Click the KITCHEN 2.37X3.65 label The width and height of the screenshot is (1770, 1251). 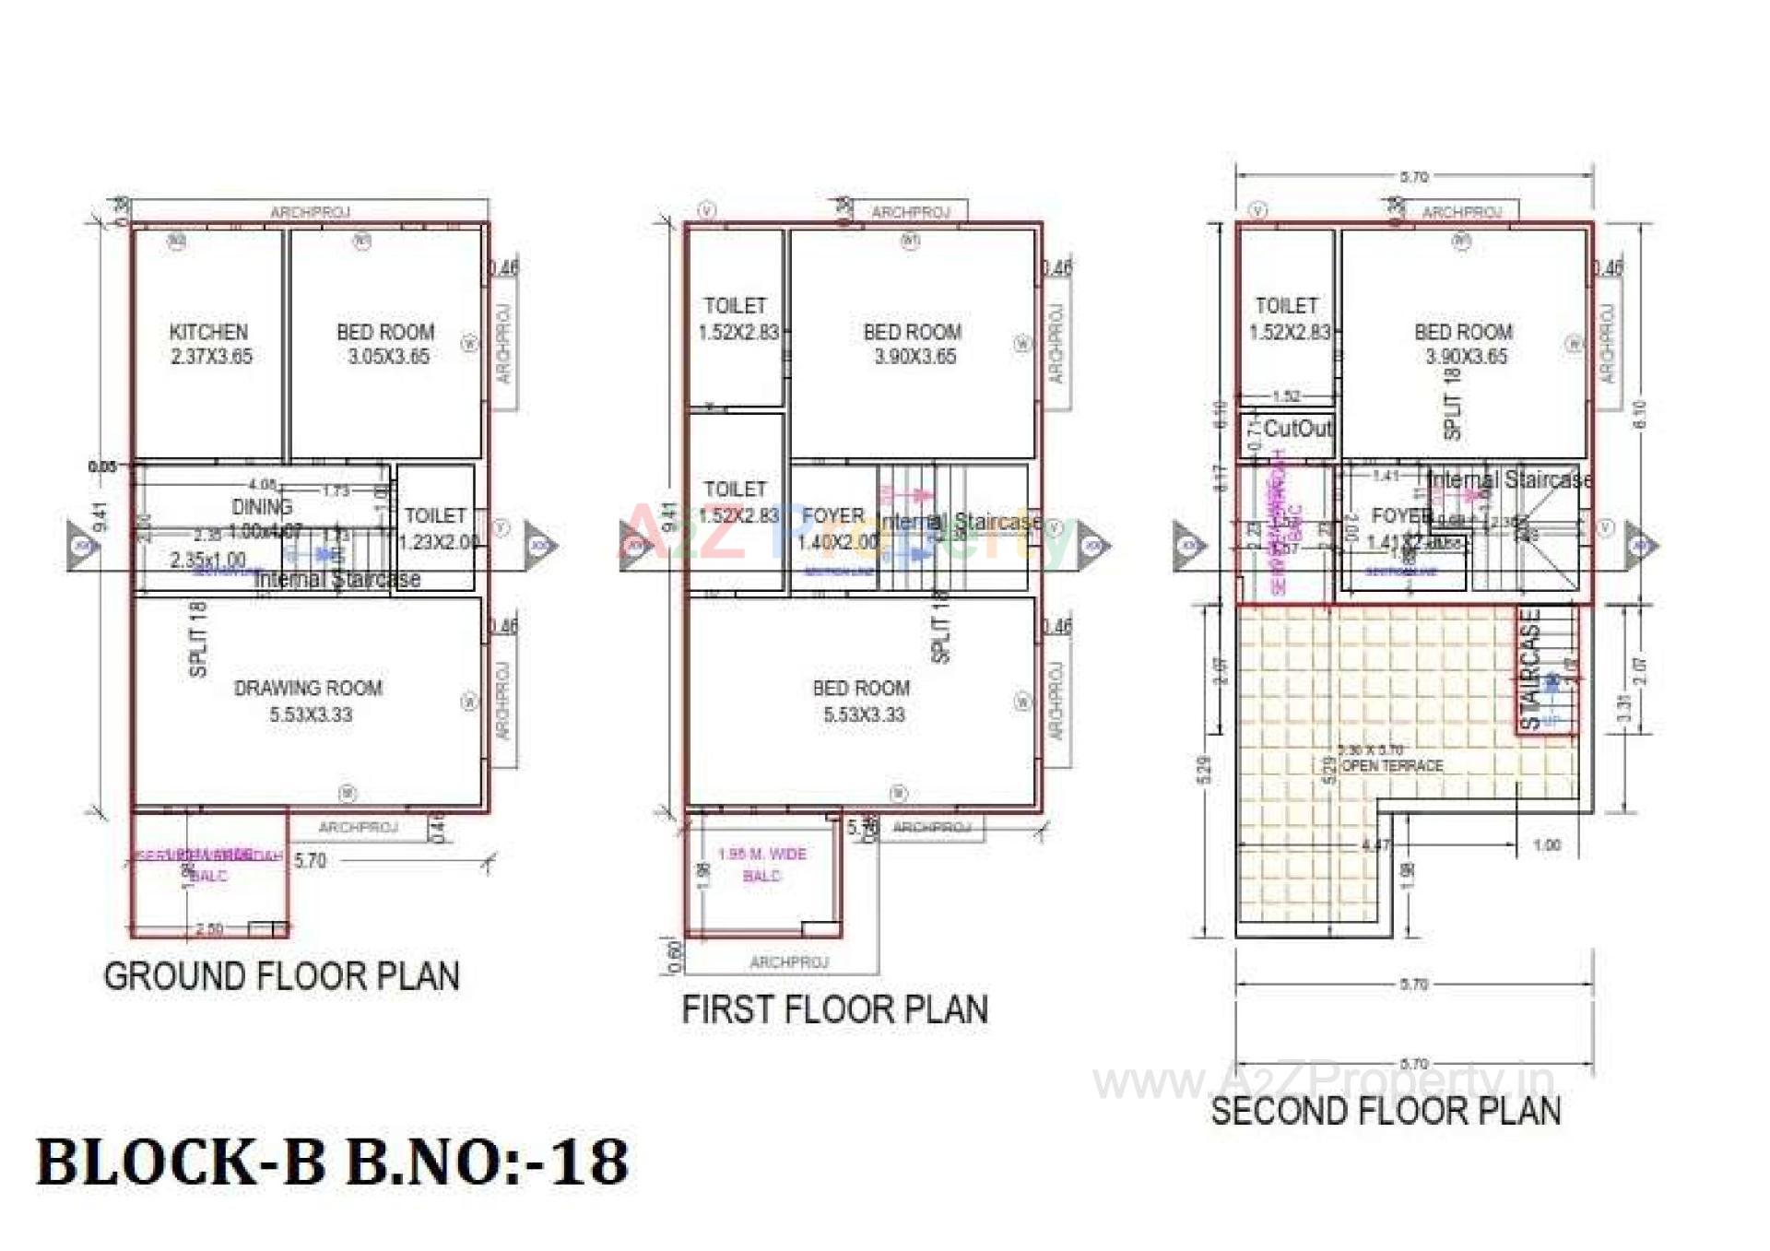(210, 344)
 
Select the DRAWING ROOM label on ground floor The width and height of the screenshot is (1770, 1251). (309, 701)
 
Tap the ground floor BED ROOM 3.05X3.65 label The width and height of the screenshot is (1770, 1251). (386, 344)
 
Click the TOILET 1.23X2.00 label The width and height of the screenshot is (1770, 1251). (437, 528)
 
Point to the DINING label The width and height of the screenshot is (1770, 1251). (262, 507)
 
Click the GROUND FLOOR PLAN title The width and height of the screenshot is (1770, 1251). (281, 976)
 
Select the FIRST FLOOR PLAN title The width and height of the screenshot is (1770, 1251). (834, 1009)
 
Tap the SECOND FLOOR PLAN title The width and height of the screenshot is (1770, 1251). (1386, 1111)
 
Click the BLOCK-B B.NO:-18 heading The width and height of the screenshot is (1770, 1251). (332, 1162)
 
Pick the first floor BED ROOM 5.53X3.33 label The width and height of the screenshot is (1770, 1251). (862, 701)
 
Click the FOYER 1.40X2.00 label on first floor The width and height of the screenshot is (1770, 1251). (835, 528)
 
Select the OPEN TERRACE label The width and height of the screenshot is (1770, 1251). (1392, 766)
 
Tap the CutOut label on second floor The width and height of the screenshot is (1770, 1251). (1297, 429)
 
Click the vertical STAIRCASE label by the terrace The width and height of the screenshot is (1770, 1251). (1530, 668)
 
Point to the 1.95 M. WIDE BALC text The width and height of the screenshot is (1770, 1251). (761, 865)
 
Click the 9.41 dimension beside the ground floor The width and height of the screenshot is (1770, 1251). (100, 516)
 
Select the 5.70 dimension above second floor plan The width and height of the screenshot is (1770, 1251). (1413, 177)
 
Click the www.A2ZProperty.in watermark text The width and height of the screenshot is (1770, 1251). (1323, 1080)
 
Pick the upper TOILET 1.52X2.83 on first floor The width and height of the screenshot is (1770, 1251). (737, 318)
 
